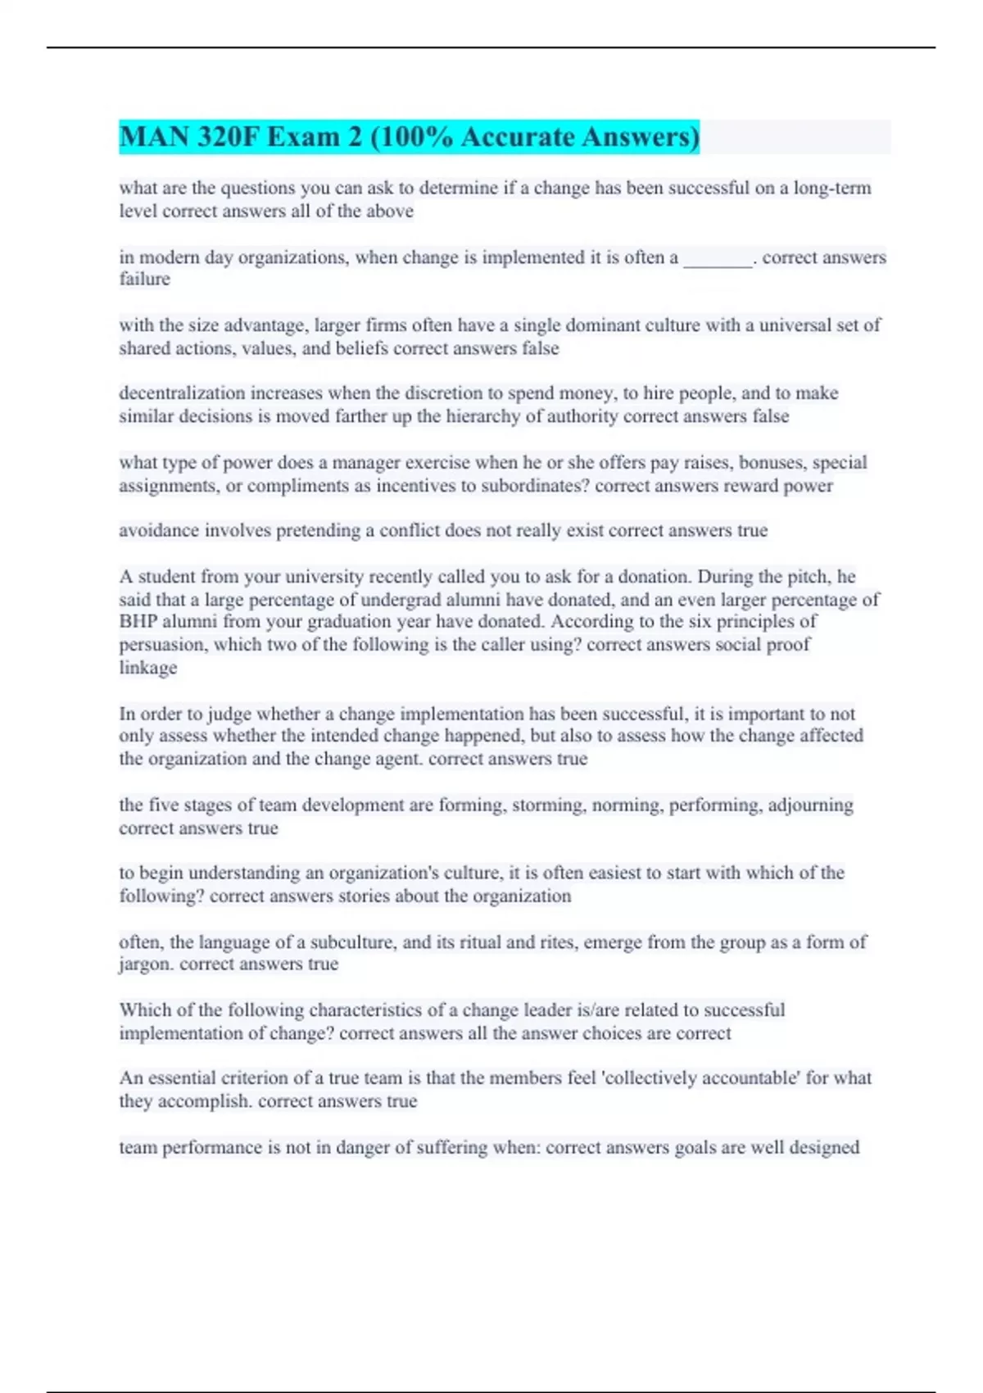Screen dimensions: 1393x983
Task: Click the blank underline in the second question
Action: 718,259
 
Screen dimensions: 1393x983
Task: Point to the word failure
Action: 145,279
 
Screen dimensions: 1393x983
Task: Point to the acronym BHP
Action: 138,621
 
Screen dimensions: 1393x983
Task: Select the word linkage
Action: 148,668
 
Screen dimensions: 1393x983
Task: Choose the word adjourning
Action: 810,805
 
